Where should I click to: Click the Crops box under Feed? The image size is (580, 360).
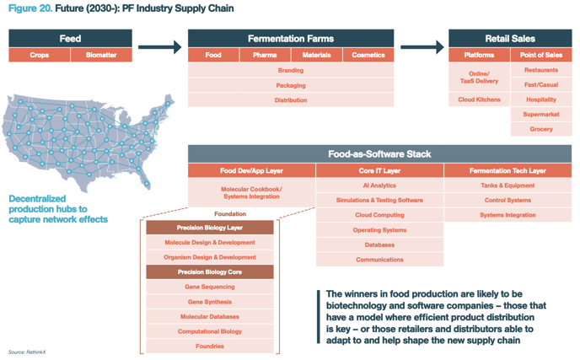coord(40,55)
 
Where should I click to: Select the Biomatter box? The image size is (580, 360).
coord(101,55)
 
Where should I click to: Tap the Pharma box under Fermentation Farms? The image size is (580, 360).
coord(264,55)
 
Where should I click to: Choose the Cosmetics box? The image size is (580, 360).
coord(368,55)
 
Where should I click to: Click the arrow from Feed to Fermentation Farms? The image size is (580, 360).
coord(159,46)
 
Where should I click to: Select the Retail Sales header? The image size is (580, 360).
coord(510,38)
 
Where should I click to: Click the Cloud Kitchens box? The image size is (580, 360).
coord(479,99)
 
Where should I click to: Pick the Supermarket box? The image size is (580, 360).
coord(541,115)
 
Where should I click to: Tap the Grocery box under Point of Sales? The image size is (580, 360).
coord(541,130)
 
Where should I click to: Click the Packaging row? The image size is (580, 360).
coord(291,85)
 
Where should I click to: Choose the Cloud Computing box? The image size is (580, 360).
coord(379,215)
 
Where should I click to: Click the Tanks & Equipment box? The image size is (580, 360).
coord(508,185)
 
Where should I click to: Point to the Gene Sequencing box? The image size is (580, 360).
coord(209,287)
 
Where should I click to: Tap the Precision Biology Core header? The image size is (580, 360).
coord(209,272)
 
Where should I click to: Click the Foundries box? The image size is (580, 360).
coord(209,346)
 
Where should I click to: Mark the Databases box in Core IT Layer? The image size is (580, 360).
coord(379,244)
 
